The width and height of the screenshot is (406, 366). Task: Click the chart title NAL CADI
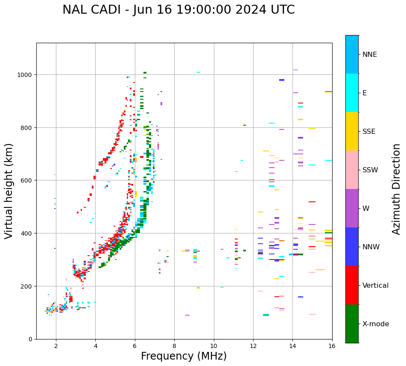tap(178, 10)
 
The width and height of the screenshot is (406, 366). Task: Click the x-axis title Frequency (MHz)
tap(184, 356)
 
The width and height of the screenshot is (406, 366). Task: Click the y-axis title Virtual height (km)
tap(9, 191)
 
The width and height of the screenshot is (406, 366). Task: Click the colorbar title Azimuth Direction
tap(397, 189)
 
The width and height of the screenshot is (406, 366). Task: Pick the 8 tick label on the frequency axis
tap(174, 346)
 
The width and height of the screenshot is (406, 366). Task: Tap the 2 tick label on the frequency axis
tap(56, 346)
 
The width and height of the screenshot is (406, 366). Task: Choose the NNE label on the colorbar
tap(370, 54)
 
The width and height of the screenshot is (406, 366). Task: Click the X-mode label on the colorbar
tap(376, 324)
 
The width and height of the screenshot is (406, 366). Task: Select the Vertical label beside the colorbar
tap(376, 285)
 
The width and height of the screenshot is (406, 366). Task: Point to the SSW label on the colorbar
tap(370, 170)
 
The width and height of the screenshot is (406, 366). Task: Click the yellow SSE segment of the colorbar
tap(352, 131)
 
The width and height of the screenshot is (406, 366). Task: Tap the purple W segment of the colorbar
tap(352, 208)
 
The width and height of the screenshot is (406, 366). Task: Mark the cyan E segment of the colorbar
tap(352, 93)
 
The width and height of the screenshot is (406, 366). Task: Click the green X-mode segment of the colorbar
tap(352, 324)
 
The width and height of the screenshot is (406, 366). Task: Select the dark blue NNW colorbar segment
tap(352, 247)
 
